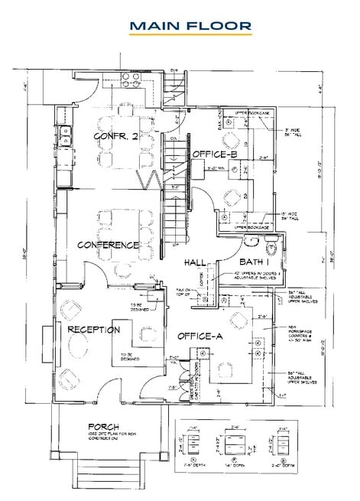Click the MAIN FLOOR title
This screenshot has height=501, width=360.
pos(190,27)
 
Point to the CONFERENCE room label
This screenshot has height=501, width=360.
pos(108,245)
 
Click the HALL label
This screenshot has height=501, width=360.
pos(197,262)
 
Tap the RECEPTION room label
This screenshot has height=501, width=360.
pos(93,330)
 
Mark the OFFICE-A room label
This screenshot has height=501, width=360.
pos(200,336)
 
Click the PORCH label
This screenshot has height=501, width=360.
pos(102,426)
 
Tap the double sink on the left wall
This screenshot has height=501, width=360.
pos(66,135)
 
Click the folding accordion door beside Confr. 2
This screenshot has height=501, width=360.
pos(148,179)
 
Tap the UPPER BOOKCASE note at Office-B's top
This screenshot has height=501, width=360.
pos(251,112)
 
